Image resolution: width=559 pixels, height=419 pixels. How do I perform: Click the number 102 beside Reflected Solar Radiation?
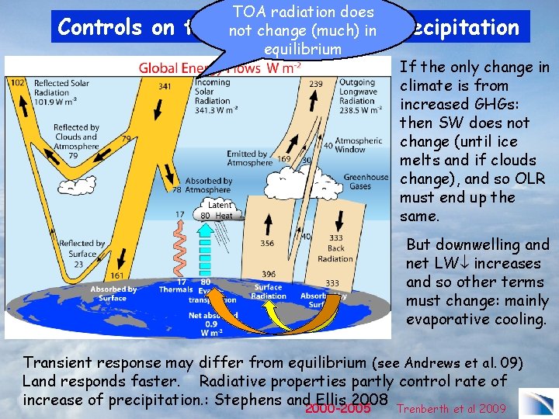[x=16, y=82]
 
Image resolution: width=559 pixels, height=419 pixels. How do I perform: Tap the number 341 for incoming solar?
[x=165, y=87]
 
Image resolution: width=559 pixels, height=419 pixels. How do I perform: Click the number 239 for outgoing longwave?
[x=317, y=82]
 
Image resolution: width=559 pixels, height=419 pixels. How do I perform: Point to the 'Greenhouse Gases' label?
[x=366, y=182]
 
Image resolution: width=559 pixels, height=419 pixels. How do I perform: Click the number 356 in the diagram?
[x=266, y=243]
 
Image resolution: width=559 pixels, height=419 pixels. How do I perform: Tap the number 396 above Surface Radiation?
[x=268, y=275]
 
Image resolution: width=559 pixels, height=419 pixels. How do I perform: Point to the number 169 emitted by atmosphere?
[x=284, y=159]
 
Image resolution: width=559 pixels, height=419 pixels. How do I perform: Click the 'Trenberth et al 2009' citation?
[x=452, y=409]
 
